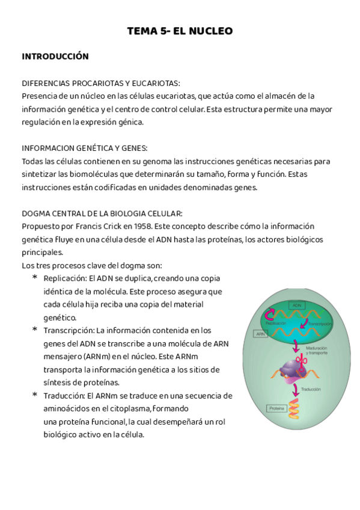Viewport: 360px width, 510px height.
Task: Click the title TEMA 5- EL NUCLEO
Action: coord(180,31)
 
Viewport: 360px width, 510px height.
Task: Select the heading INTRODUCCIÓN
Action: coord(55,57)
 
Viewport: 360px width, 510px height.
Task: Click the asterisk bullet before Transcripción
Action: coord(35,330)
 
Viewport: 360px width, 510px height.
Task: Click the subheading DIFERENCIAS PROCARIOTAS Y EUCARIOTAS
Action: coord(100,83)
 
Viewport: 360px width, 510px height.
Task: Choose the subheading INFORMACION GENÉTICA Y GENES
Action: coord(85,148)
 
